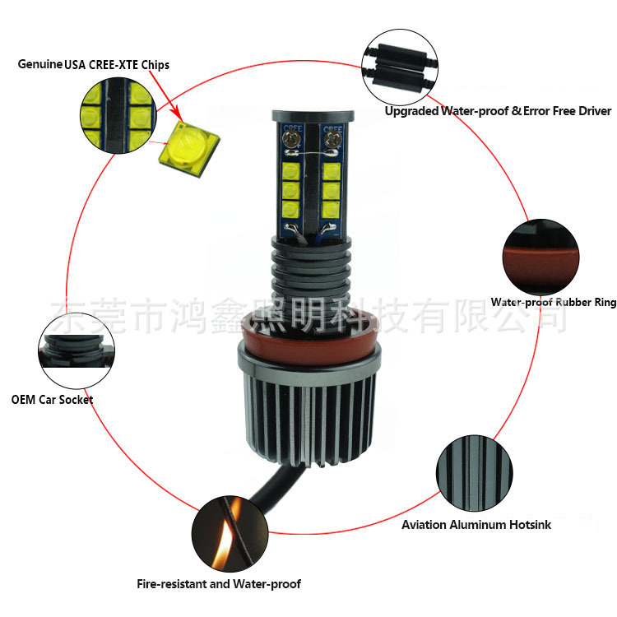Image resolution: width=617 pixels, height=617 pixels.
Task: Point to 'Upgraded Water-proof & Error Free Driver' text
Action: (498, 111)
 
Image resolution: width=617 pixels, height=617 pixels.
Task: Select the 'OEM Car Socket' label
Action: (52, 400)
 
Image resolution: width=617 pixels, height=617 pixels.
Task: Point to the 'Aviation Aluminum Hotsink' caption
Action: (476, 524)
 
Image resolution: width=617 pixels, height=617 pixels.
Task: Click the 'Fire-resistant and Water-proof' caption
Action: (219, 584)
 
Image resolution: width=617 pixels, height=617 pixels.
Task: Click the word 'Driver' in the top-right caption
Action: (592, 111)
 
